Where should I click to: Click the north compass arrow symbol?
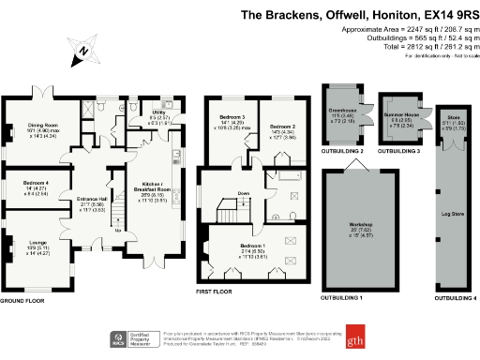point(83,52)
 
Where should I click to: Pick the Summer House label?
point(402,114)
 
